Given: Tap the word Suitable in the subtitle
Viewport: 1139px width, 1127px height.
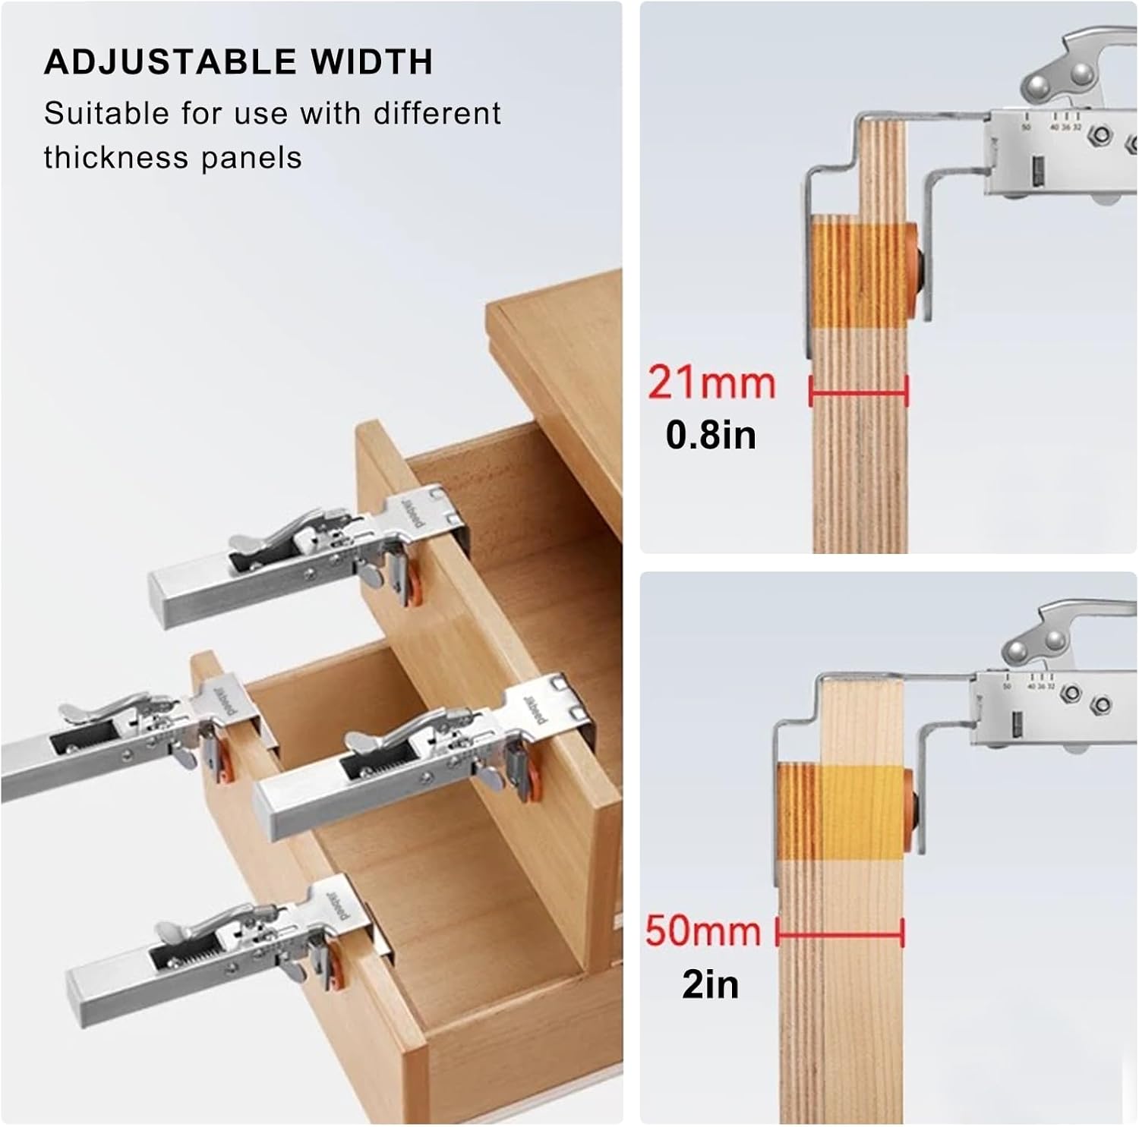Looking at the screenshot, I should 106,114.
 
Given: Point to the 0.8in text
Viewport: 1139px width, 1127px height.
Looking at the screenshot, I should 711,435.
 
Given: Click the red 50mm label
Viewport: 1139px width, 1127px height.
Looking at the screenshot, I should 703,930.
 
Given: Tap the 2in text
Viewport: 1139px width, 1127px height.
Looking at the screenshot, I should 710,984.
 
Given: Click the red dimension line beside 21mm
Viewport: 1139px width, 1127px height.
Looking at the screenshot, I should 859,393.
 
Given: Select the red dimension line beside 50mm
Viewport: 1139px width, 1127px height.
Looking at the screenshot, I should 840,932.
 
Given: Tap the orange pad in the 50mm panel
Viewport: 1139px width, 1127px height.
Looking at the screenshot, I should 908,816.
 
